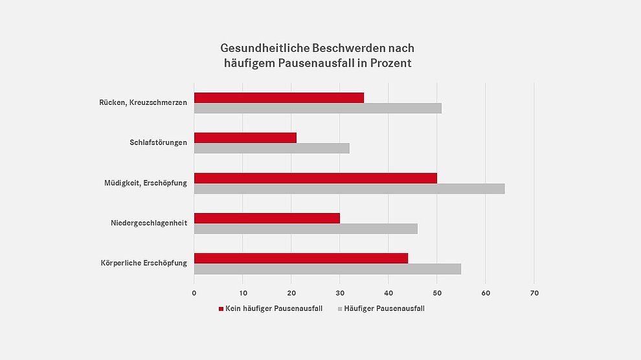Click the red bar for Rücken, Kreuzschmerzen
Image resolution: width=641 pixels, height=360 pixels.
coord(278,98)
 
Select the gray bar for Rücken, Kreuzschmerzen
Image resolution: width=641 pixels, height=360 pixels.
coord(317,108)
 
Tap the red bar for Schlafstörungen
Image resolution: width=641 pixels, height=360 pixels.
coord(245,138)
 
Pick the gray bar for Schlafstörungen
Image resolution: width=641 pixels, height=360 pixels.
coord(271,148)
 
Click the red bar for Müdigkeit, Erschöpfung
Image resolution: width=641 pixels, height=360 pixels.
coord(315,178)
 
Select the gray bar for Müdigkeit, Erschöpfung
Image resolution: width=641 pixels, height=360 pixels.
coord(349,188)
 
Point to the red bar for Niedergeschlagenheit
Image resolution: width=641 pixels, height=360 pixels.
coord(267,218)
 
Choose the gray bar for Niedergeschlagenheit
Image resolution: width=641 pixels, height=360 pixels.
coord(306,229)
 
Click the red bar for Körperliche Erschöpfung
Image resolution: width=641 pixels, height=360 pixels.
coord(300,258)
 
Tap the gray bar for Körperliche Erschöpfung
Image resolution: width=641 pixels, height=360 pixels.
coord(327,269)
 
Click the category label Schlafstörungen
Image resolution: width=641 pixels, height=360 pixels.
coord(158,142)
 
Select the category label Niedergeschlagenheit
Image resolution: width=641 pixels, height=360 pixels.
coord(149,223)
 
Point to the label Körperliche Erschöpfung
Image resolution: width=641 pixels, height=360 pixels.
coord(144,263)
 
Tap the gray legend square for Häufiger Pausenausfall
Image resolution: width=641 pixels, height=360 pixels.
coord(340,309)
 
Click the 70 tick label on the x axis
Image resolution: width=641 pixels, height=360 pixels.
coord(534,293)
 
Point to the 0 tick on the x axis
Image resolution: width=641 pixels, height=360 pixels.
coord(194,293)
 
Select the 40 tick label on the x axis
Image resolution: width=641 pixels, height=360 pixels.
coord(388,293)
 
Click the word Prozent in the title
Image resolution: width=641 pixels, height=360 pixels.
coord(388,63)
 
